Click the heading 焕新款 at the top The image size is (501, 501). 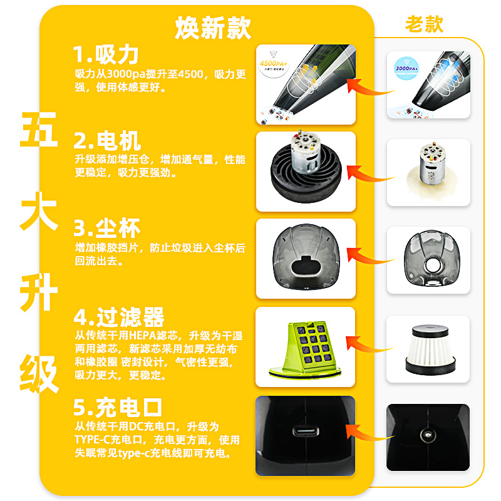coord(213,27)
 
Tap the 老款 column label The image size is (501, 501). coord(424,24)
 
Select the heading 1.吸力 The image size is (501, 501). coord(105,55)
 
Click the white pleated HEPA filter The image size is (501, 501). coord(427,349)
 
